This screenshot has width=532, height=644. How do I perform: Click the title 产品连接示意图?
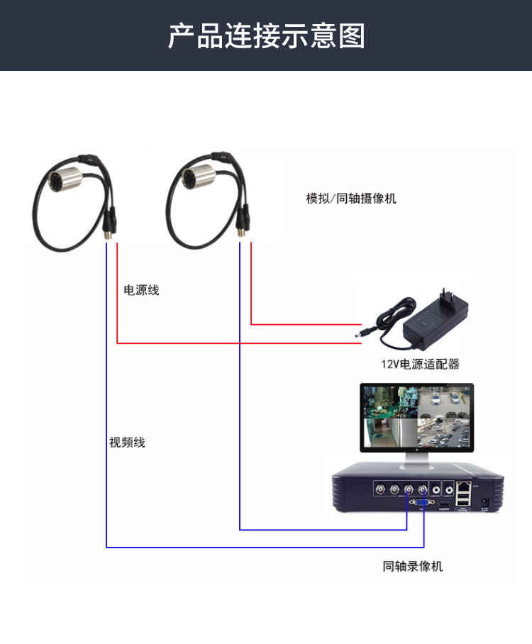point(266,35)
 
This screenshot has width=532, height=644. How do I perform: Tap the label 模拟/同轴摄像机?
point(351,199)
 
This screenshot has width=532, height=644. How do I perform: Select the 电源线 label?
point(141,290)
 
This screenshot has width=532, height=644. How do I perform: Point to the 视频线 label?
point(127,443)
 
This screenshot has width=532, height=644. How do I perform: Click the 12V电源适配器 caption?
point(420,365)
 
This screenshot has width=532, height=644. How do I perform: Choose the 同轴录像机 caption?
point(412,567)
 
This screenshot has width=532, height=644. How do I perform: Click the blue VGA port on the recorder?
point(421,503)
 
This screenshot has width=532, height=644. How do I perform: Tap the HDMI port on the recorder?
point(444,504)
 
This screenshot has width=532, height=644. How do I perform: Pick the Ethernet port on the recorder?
point(464,488)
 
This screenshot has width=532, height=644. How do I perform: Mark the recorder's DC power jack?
point(485,502)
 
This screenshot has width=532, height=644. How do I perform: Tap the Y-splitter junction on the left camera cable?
point(90,160)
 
